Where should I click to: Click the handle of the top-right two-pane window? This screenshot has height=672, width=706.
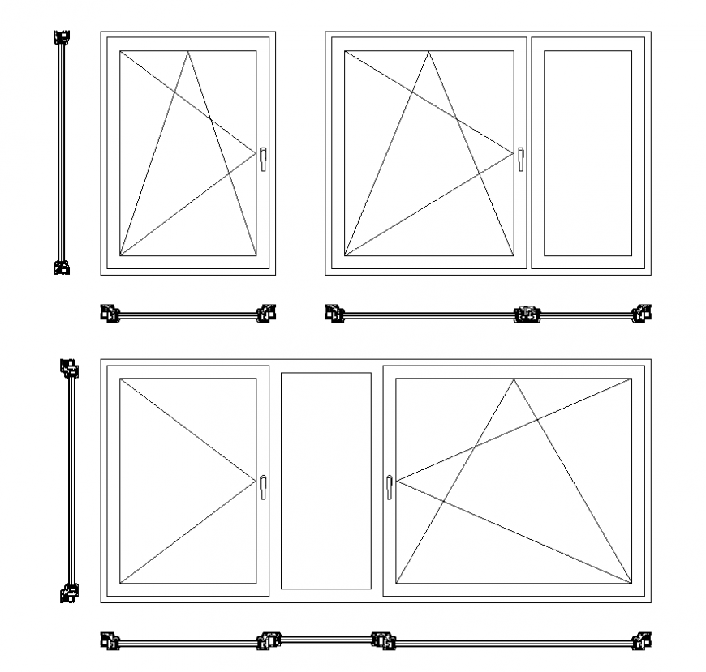(521, 158)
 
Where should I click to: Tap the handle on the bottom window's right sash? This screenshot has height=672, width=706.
(390, 486)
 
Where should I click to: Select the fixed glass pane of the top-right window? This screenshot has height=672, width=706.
(588, 153)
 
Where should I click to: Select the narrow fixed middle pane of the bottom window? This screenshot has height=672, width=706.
(325, 481)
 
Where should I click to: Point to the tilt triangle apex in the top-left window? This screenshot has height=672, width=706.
(187, 52)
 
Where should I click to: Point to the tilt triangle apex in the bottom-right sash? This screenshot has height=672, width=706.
(513, 379)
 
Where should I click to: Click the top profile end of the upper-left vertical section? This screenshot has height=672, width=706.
(61, 38)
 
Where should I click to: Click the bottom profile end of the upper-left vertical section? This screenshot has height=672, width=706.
(61, 267)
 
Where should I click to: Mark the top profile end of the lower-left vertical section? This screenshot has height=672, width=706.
(71, 369)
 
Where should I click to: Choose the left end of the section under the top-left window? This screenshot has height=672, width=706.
(110, 313)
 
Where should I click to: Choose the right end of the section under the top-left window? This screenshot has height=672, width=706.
(266, 313)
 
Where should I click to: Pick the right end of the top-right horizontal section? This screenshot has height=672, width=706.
(642, 313)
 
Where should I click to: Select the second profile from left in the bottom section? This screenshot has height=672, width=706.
(269, 642)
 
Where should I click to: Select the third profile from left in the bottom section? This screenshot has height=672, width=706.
(383, 642)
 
